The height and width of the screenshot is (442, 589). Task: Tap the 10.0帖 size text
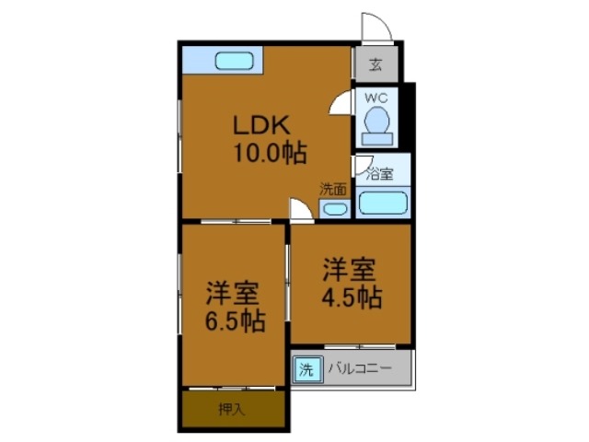pyautogui.click(x=270, y=152)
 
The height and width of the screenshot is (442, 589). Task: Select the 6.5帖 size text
pyautogui.click(x=236, y=321)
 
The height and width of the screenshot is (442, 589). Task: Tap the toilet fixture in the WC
pyautogui.click(x=375, y=124)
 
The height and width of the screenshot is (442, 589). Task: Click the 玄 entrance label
pyautogui.click(x=375, y=64)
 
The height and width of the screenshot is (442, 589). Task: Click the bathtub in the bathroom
pyautogui.click(x=383, y=203)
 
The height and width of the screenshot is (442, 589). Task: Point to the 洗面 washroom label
pyautogui.click(x=333, y=189)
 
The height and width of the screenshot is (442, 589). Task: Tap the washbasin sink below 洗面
pyautogui.click(x=334, y=208)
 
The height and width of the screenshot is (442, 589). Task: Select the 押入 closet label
pyautogui.click(x=231, y=409)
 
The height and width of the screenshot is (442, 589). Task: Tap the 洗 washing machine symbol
pyautogui.click(x=306, y=370)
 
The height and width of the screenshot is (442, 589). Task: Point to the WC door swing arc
pyautogui.click(x=341, y=101)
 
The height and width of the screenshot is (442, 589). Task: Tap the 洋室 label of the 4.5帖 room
pyautogui.click(x=348, y=271)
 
